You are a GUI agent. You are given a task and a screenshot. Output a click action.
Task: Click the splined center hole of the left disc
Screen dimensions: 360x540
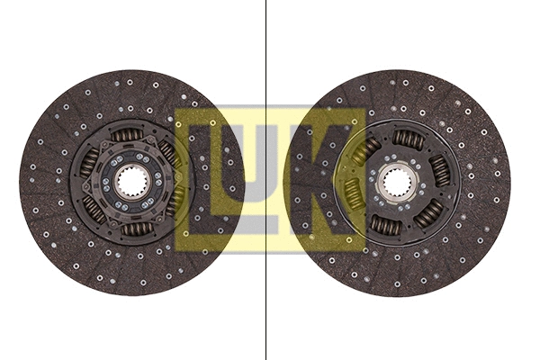click(x=131, y=183)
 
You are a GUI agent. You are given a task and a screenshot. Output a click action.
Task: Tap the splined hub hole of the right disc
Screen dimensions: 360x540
click(x=397, y=183)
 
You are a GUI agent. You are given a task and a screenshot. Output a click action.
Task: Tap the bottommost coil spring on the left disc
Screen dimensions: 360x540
click(x=137, y=229)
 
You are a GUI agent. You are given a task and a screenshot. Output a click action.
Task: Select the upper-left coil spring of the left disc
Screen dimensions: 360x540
click(x=90, y=161)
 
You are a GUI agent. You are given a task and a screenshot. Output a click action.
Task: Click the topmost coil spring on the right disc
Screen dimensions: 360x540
click(x=408, y=139)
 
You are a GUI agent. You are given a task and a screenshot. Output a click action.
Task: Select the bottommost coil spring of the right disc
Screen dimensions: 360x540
click(x=386, y=225)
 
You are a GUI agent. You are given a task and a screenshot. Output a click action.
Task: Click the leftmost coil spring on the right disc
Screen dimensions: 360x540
click(x=354, y=193)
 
